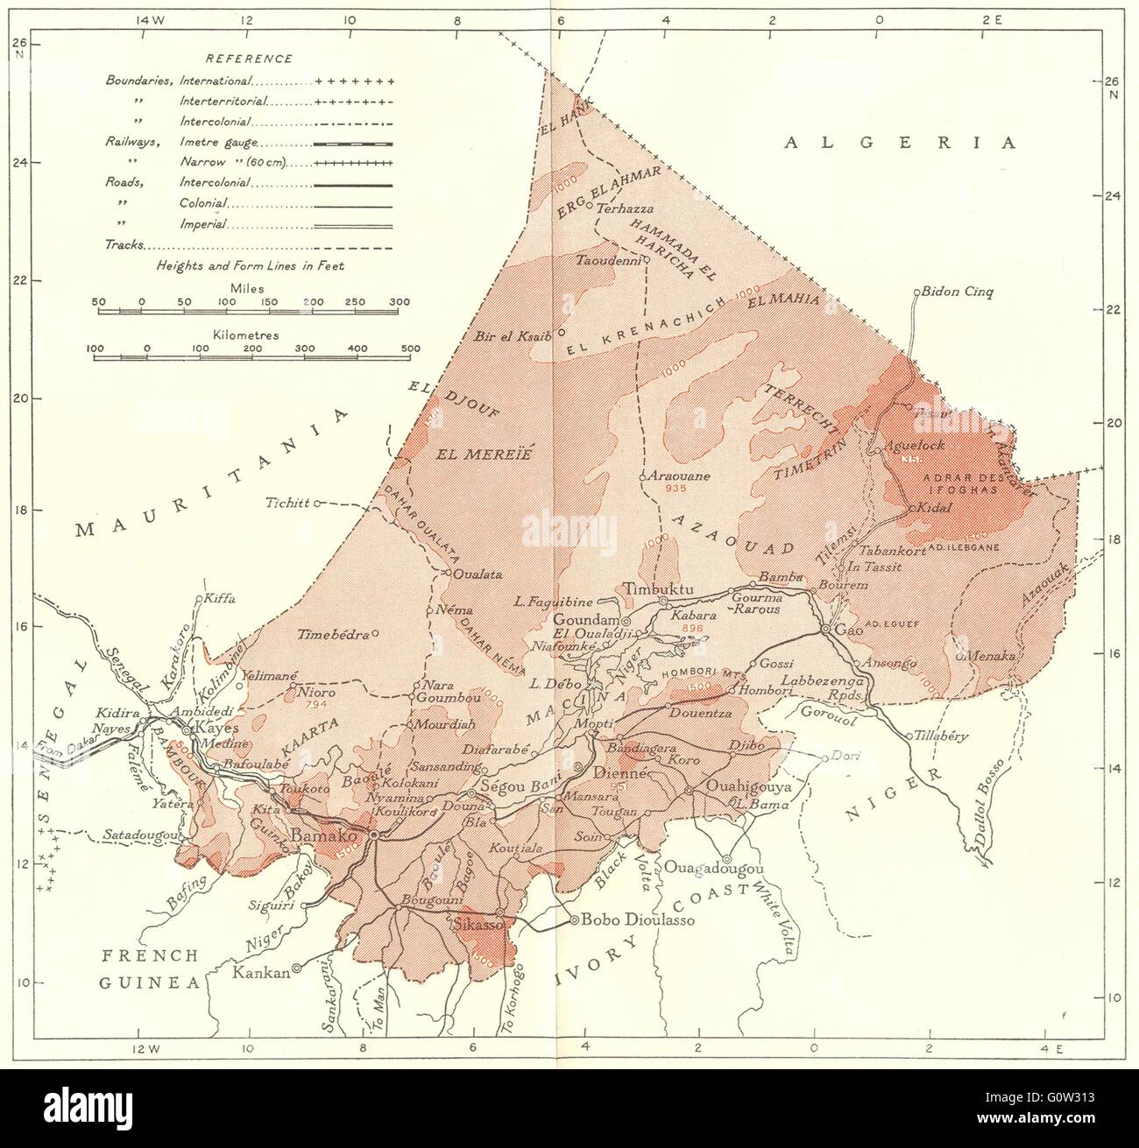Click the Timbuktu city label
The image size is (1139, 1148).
pyautogui.click(x=657, y=589)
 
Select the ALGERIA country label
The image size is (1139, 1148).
pyautogui.click(x=902, y=142)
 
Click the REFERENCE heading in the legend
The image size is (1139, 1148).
pyautogui.click(x=248, y=59)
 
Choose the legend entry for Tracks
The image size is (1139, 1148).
pyautogui.click(x=124, y=246)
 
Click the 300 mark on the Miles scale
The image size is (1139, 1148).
pyautogui.click(x=399, y=302)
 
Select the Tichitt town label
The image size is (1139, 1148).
pyautogui.click(x=290, y=503)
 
